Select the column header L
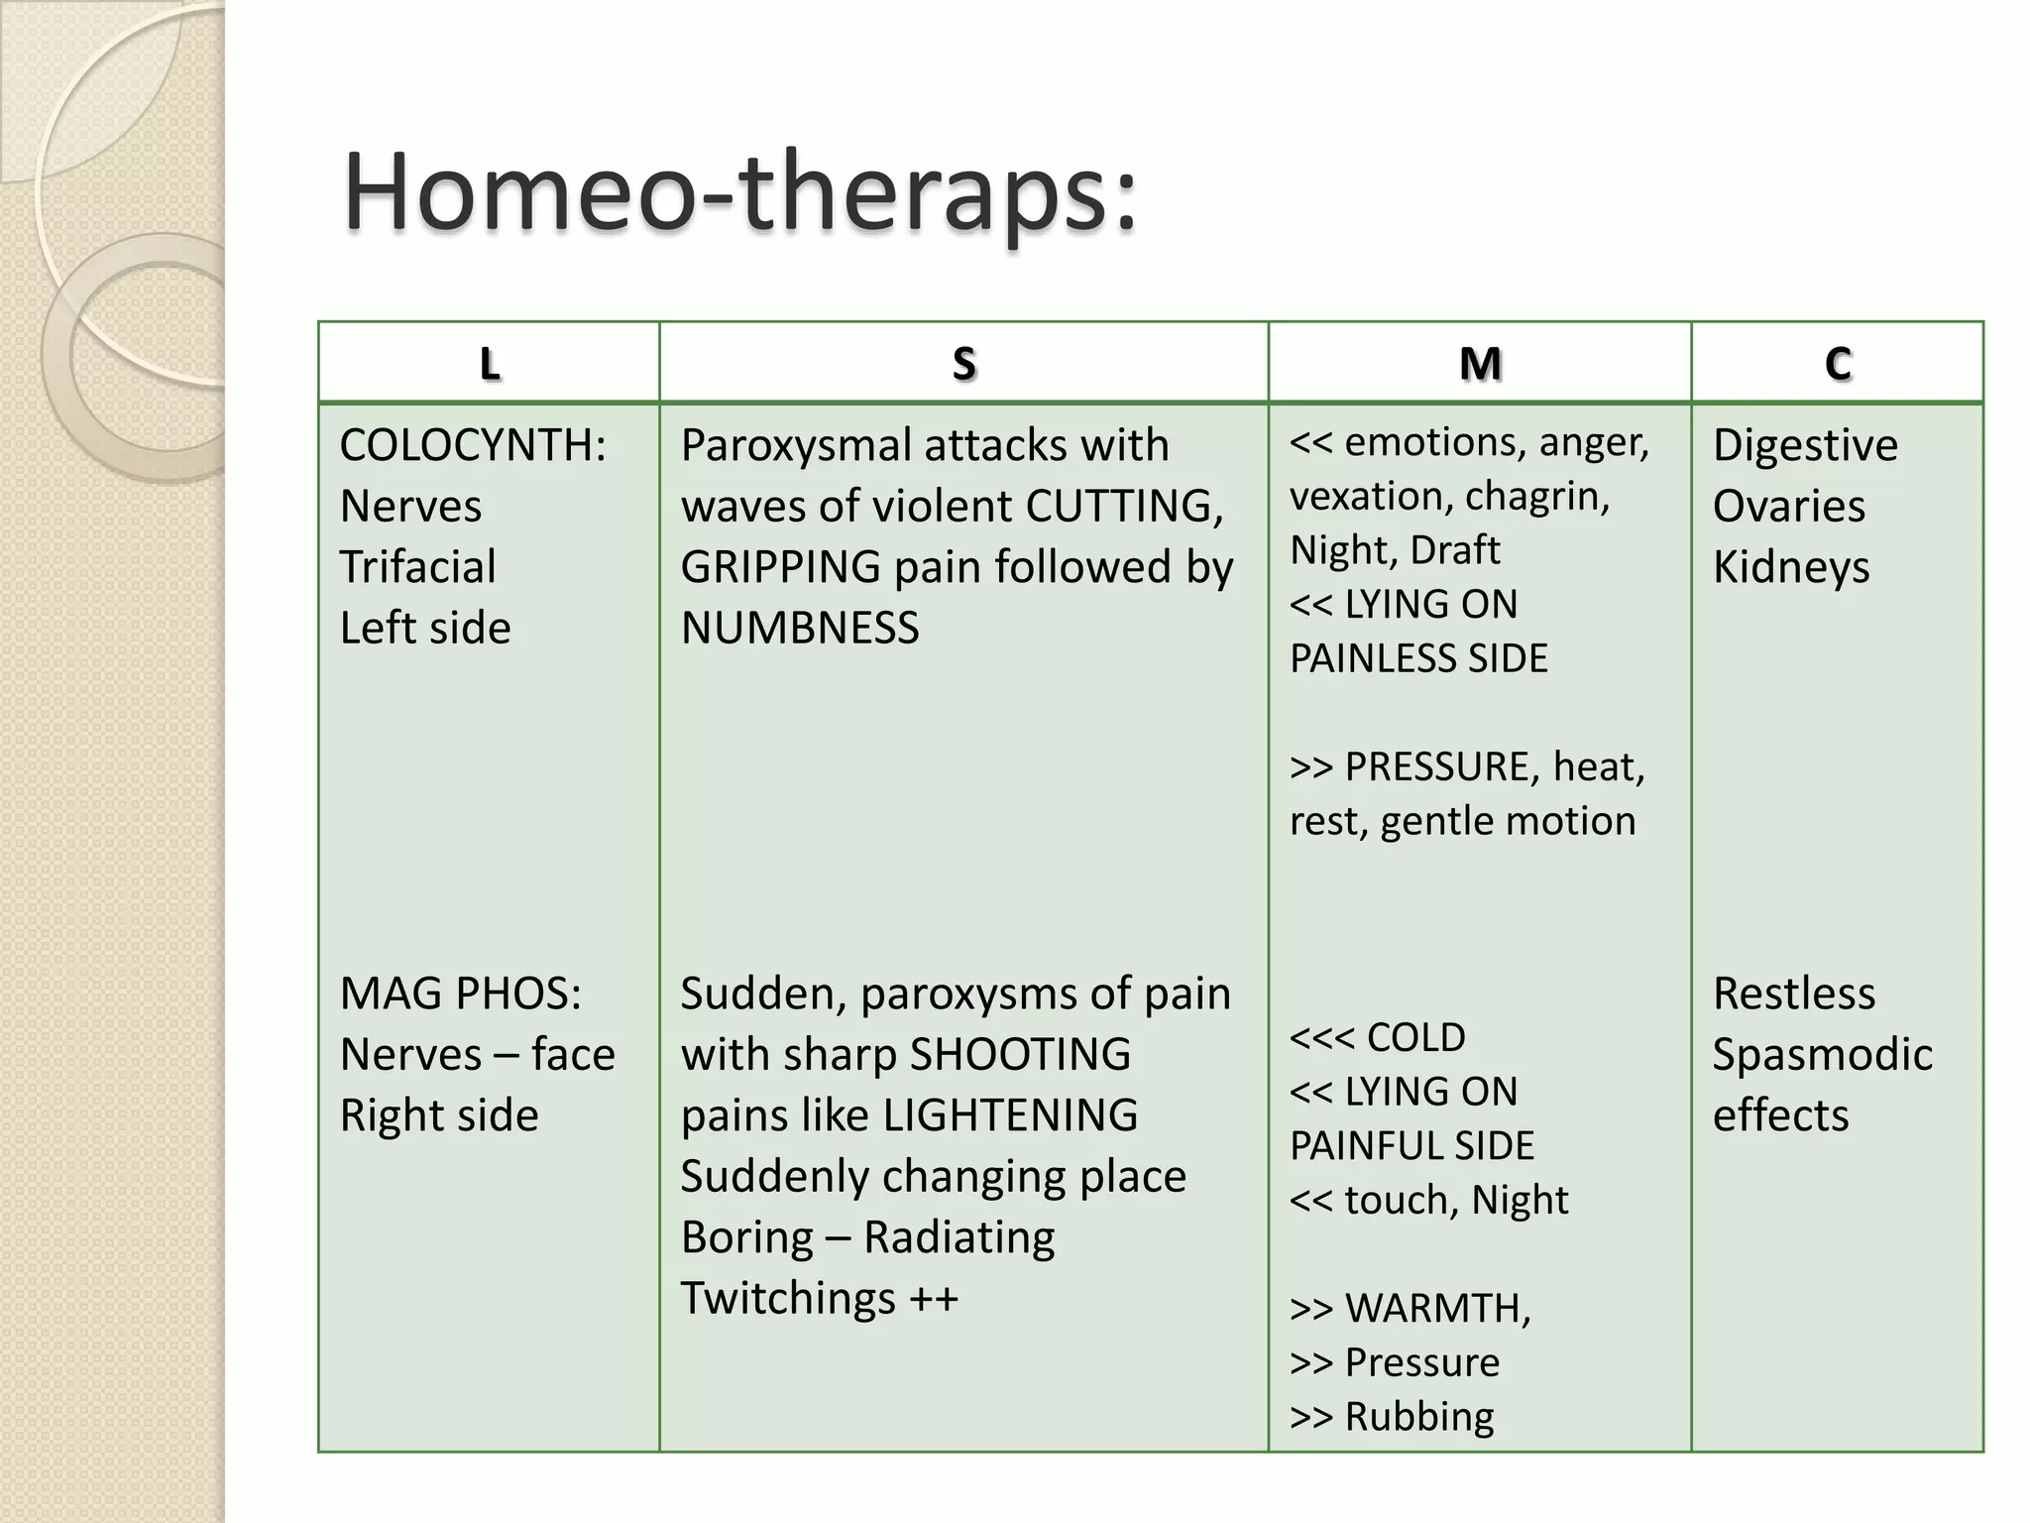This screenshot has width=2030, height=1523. coord(489,364)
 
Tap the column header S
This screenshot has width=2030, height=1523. coord(963,364)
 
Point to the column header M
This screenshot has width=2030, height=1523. coord(1480,364)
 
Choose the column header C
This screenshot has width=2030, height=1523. coord(1837,364)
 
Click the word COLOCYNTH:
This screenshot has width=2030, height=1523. coord(473,445)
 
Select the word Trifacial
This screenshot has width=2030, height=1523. coord(417,567)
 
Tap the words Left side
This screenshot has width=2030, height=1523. coord(425,628)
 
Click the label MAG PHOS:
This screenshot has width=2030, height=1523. coord(461,994)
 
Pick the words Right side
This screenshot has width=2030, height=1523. coord(439,1115)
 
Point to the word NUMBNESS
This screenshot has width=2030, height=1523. coord(800,628)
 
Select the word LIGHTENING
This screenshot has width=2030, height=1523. coord(1010,1115)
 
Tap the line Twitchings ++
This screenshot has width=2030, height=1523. coord(819,1298)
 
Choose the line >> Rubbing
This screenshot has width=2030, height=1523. coord(1392,1416)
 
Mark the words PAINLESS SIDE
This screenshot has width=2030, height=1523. coord(1418,658)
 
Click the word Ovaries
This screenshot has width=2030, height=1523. coord(1788,507)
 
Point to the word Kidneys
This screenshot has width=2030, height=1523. coord(1790,567)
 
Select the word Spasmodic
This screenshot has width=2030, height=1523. coord(1822,1055)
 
